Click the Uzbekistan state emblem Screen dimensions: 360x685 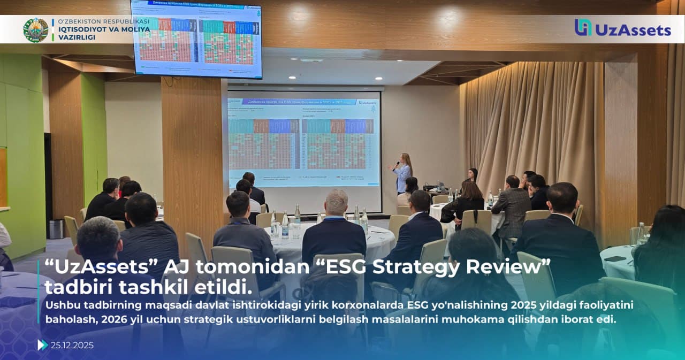click(x=36, y=30)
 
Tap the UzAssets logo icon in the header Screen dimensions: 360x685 click(x=583, y=28)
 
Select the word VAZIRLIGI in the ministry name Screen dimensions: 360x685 click(x=77, y=38)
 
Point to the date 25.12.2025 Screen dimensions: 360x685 click(x=72, y=345)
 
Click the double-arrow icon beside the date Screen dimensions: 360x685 click(x=42, y=345)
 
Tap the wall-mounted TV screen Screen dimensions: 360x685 click(x=196, y=39)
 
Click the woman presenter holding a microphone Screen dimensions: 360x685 click(x=403, y=173)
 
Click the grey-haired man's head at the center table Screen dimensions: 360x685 click(x=336, y=202)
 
